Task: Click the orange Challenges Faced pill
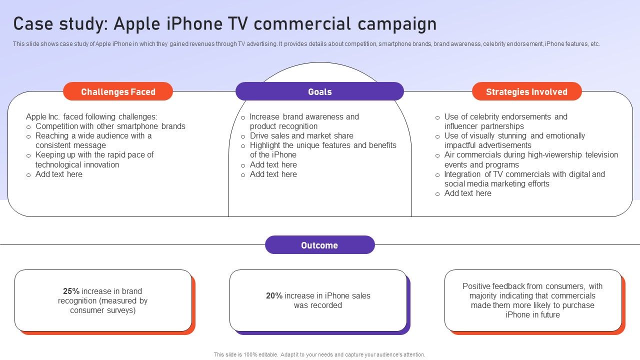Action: click(x=118, y=91)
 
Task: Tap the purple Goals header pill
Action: click(x=319, y=91)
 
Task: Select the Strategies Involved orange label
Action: click(x=526, y=91)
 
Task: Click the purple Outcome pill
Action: click(x=319, y=245)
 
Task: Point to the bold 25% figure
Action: click(x=71, y=291)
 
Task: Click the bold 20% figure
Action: click(x=274, y=295)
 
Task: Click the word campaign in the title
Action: click(x=397, y=24)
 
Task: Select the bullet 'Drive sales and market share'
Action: click(x=301, y=135)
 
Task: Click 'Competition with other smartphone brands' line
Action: click(x=110, y=126)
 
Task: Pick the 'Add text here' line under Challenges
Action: click(x=59, y=174)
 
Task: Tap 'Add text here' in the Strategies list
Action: click(x=467, y=193)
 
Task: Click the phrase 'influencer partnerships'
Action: click(x=484, y=126)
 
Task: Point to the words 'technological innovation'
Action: click(x=77, y=165)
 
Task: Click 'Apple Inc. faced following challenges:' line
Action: click(x=91, y=117)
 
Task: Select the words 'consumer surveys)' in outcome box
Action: click(x=103, y=310)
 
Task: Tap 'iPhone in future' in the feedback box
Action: click(x=532, y=315)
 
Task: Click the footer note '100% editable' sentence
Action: click(x=319, y=354)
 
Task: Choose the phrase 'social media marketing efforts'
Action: click(x=497, y=183)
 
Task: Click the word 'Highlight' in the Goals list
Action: click(x=265, y=145)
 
